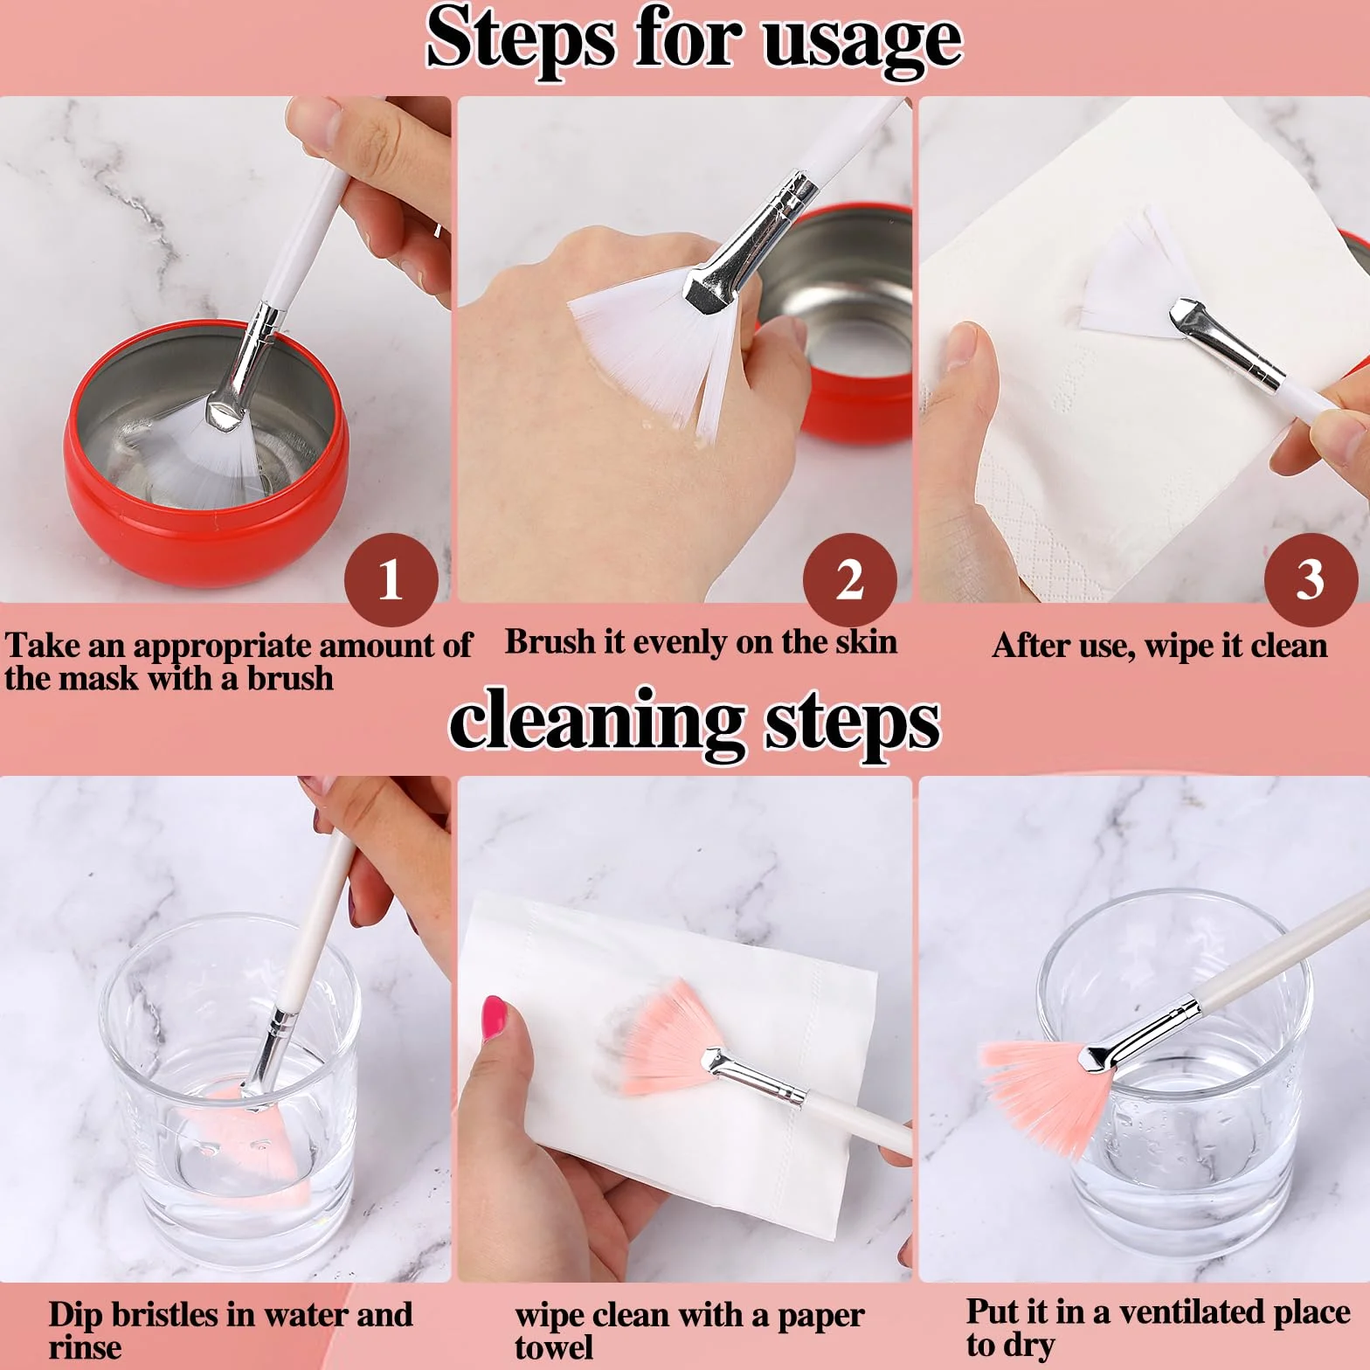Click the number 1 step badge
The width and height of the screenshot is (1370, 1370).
(x=391, y=579)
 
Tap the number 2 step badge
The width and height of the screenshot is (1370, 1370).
(x=849, y=579)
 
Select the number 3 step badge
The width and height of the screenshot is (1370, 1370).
(x=1311, y=579)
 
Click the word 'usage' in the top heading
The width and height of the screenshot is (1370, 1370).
(x=861, y=40)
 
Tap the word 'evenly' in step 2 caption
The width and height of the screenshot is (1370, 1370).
(x=682, y=643)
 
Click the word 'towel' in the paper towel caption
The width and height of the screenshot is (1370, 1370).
(x=554, y=1347)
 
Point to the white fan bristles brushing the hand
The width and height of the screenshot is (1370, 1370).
(x=651, y=349)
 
